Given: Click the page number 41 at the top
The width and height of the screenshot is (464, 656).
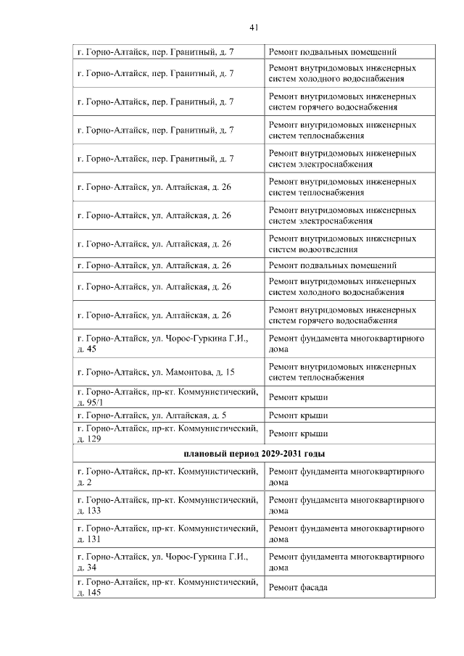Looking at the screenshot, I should [x=254, y=28].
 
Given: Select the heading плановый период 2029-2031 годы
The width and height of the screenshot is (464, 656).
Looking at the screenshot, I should [x=253, y=453].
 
